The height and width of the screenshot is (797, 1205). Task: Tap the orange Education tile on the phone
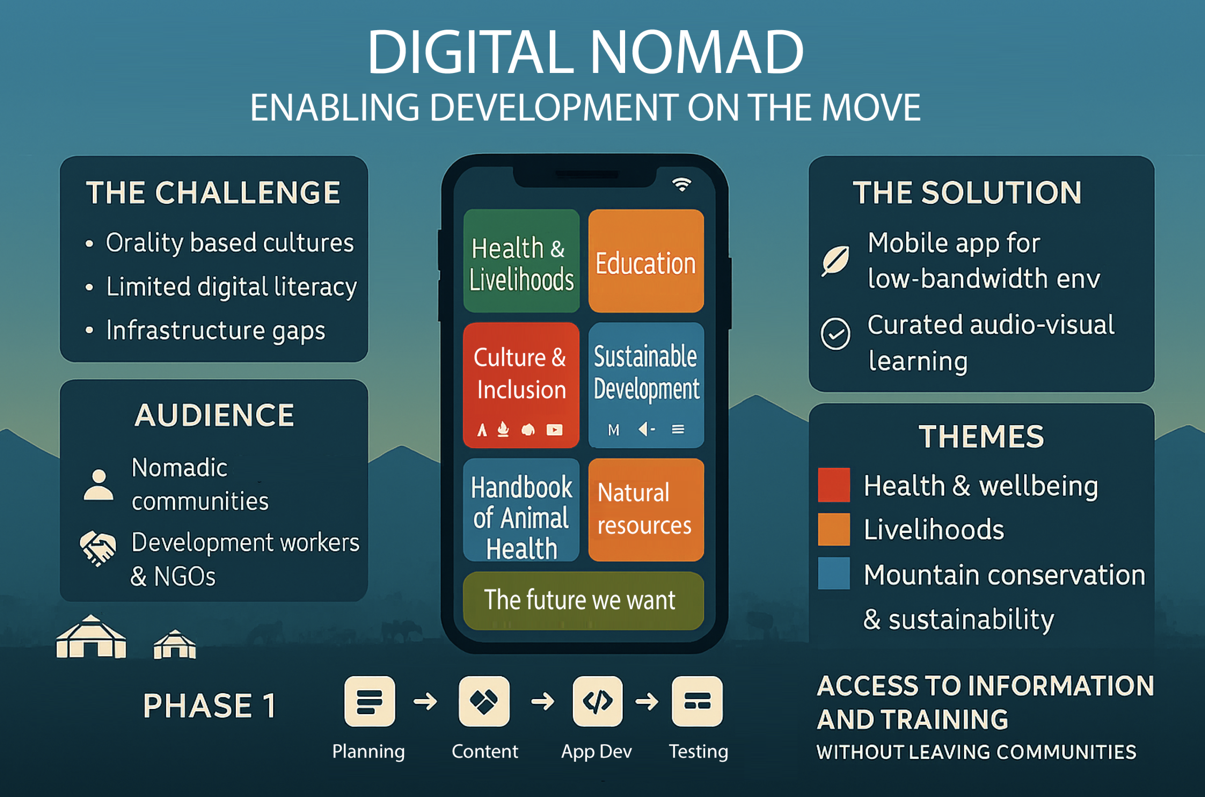point(646,261)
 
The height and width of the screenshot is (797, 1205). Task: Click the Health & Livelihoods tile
point(522,261)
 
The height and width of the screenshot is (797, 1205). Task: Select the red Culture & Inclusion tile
point(522,385)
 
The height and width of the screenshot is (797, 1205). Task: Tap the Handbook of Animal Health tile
point(522,510)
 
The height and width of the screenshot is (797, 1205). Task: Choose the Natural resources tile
point(646,510)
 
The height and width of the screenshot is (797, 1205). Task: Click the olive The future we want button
point(584,600)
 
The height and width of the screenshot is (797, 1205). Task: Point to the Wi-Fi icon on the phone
point(682,185)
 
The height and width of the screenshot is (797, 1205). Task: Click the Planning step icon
point(370,701)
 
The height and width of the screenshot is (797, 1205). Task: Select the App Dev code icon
point(597,701)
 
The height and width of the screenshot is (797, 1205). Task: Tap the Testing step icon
point(697,701)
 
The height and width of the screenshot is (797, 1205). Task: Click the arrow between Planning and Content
point(426,701)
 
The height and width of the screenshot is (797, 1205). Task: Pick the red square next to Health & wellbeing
point(834,484)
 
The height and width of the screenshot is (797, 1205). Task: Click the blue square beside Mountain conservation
point(834,573)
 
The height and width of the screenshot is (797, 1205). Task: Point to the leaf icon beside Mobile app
point(835,261)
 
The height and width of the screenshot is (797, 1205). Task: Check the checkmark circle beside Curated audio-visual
point(835,334)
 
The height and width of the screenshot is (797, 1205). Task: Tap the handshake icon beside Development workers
point(98,548)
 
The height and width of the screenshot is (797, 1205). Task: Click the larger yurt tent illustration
point(91,636)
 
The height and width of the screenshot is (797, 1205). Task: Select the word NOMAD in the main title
point(696,52)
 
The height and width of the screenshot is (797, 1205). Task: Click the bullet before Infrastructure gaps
point(89,330)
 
